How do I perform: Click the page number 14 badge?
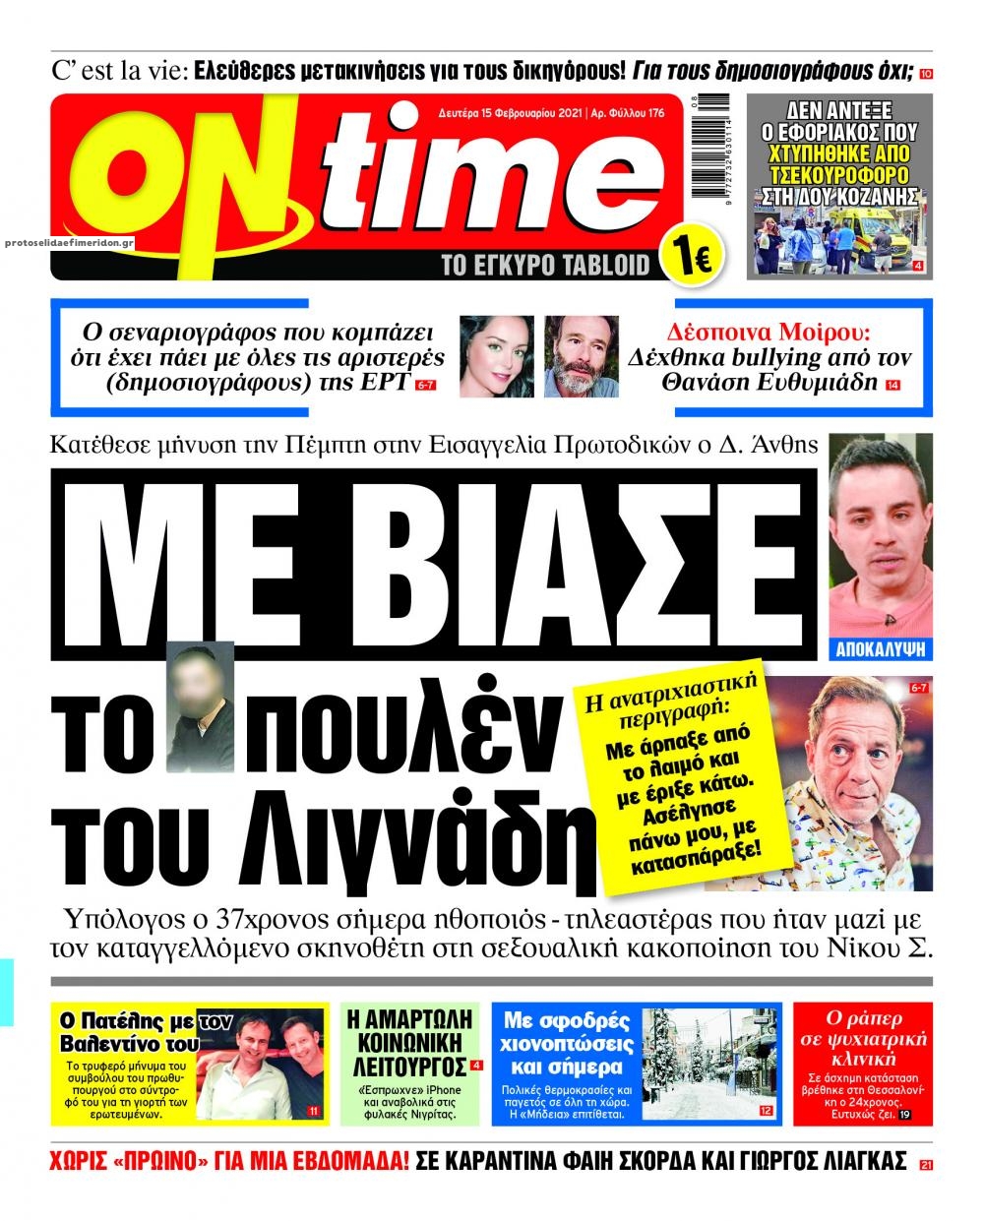(x=892, y=385)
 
